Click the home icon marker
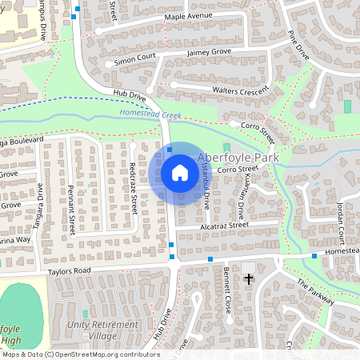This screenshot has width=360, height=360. pos(179,173)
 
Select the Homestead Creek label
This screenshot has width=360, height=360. pos(151,114)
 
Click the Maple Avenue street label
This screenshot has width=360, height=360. pos(188,16)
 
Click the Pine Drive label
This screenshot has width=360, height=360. pos(298,46)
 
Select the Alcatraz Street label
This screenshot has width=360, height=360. pos(222,226)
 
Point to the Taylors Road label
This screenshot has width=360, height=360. pos(70,271)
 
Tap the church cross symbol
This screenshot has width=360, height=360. pos(249,279)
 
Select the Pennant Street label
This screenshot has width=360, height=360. pos(71,210)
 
